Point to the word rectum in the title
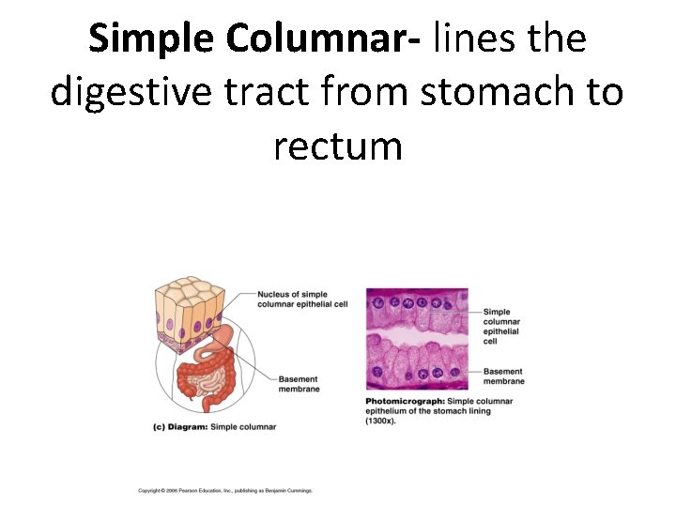338,146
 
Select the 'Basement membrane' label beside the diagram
299,384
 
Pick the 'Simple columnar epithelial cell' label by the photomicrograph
501,327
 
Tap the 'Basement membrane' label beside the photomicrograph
503,376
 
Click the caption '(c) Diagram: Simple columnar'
215,427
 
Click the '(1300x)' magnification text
381,421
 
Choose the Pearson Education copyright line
224,490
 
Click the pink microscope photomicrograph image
416,338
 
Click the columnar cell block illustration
191,314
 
